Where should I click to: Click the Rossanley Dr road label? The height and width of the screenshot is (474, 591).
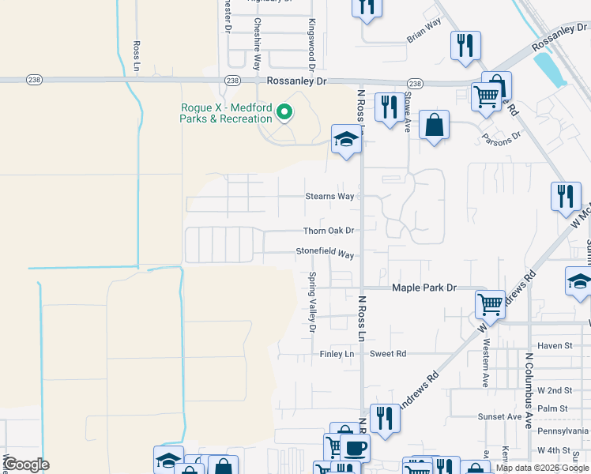[x=296, y=81]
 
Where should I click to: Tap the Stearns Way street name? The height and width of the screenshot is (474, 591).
[x=330, y=196]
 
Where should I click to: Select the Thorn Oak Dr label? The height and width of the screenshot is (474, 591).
[x=329, y=231]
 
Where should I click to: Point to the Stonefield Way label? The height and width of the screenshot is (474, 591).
[x=325, y=253]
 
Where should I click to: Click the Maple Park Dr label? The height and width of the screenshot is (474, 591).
[x=425, y=288]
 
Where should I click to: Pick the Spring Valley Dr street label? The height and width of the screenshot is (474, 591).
[x=312, y=303]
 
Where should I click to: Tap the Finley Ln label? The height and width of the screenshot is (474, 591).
[x=337, y=354]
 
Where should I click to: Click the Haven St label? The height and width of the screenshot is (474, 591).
[x=554, y=345]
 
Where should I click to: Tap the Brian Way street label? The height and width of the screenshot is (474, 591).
[x=423, y=31]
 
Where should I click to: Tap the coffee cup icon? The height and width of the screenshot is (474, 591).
[x=354, y=447]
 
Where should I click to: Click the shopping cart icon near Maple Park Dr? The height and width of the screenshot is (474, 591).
[x=490, y=303]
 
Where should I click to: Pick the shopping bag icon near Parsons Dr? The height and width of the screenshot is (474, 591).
[x=434, y=125]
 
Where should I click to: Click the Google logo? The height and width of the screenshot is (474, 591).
[x=25, y=465]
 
